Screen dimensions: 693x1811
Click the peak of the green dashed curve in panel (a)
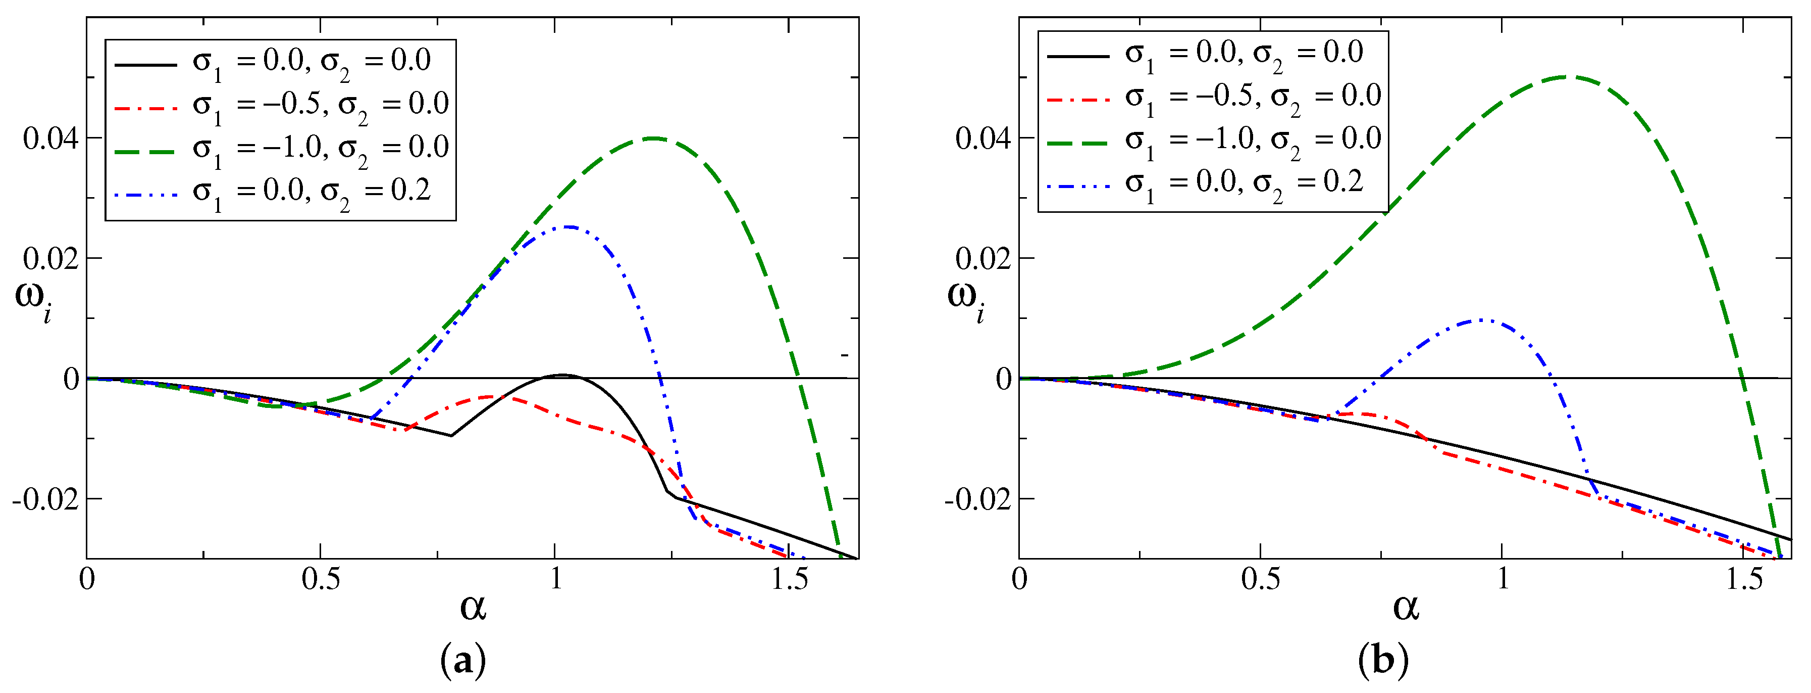point(654,138)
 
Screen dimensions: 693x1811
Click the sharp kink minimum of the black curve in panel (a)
point(451,436)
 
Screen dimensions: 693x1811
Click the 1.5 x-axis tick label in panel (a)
point(789,580)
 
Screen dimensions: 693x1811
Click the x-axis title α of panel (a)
point(473,607)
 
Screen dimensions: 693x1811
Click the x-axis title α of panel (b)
point(1406,607)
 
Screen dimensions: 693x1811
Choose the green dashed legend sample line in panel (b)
point(1078,142)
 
